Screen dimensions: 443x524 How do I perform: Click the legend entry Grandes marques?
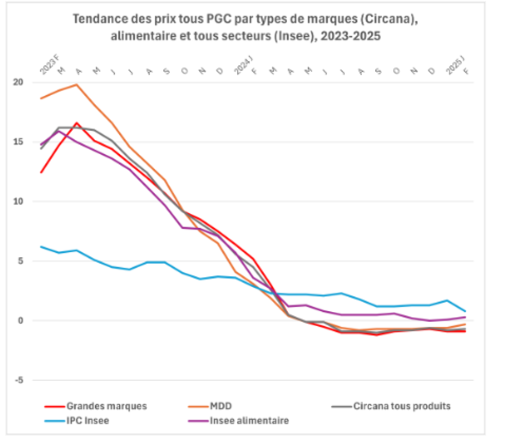[106, 406]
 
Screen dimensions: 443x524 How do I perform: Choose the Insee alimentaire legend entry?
[249, 421]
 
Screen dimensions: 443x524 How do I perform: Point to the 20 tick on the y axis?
[19, 82]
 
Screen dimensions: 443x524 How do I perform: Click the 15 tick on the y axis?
[19, 142]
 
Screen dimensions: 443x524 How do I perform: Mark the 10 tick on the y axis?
[19, 201]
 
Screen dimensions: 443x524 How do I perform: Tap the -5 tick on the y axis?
[19, 380]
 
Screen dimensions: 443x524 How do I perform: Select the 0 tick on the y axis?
[21, 321]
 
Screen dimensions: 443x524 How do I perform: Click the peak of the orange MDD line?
[77, 84]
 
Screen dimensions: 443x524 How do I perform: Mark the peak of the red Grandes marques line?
[77, 123]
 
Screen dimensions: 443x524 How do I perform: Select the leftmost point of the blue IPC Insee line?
[41, 247]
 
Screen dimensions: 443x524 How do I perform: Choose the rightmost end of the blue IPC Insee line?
[465, 311]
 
